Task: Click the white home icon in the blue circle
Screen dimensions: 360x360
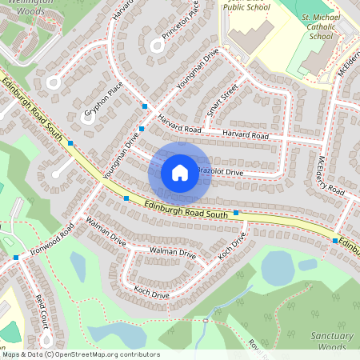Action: [180, 172]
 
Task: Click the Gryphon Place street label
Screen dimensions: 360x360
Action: [103, 101]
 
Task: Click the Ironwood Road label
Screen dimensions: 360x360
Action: [53, 235]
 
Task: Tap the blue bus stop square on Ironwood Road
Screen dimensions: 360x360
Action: [16, 258]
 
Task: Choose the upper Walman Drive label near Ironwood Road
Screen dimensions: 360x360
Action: [106, 231]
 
